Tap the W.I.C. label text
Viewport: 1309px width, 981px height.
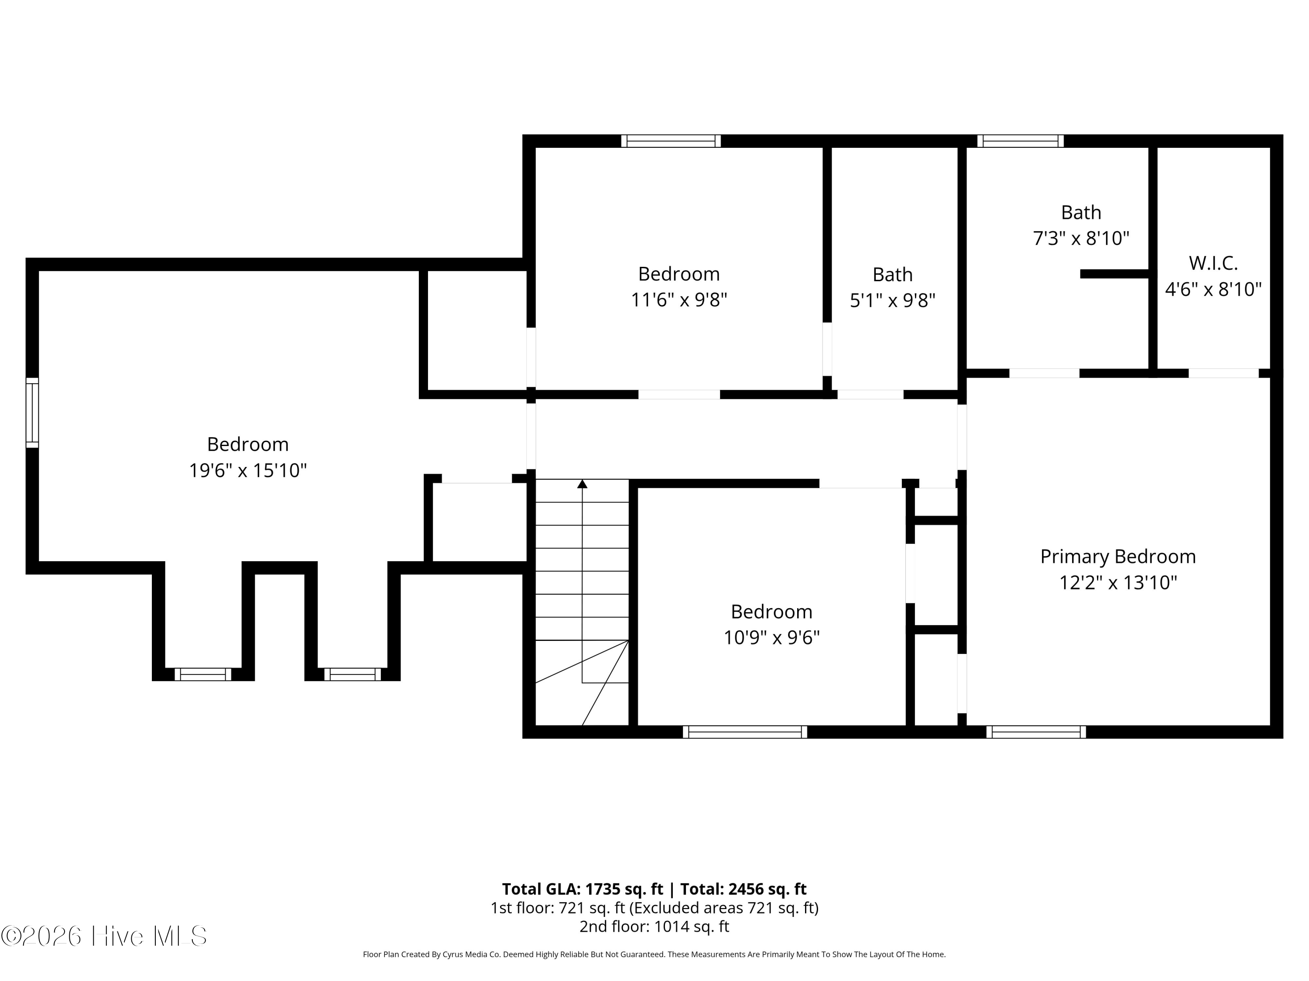(x=1213, y=263)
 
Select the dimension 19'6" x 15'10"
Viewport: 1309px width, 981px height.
(x=248, y=471)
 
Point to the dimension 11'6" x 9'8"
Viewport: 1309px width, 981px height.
(x=679, y=300)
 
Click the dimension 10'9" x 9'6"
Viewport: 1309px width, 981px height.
(x=772, y=638)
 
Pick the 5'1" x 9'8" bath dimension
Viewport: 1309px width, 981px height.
(x=892, y=301)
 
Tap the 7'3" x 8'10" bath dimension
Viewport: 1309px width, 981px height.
(x=1081, y=238)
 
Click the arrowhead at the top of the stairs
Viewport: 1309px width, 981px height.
(x=583, y=484)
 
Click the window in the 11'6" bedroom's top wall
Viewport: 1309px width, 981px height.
(x=671, y=141)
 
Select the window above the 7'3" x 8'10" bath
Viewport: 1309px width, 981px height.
(x=1020, y=141)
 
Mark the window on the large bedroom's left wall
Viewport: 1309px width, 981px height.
(x=32, y=413)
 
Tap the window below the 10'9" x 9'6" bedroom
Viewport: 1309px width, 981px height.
(x=745, y=732)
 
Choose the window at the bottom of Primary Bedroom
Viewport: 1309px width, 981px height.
(x=1036, y=732)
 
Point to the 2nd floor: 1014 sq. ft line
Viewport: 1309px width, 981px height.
(x=654, y=926)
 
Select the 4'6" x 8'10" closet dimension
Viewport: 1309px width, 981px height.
(x=1213, y=289)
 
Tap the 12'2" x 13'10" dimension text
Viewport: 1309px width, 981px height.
(x=1118, y=583)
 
